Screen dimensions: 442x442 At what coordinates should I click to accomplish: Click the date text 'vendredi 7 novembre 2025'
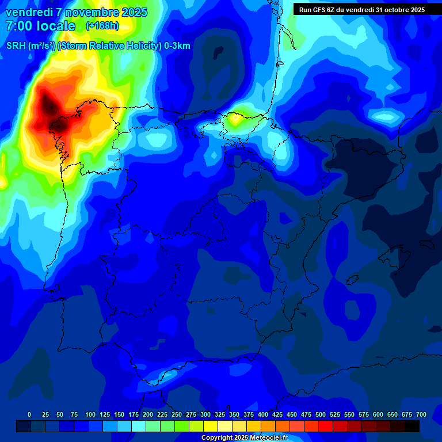(x=77, y=12)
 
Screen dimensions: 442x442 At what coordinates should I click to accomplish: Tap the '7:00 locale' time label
(x=40, y=26)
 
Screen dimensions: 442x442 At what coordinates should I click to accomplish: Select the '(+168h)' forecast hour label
(x=102, y=26)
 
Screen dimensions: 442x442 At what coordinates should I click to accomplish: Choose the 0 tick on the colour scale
(x=29, y=414)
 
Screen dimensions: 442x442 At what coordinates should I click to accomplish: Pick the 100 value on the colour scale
(x=90, y=414)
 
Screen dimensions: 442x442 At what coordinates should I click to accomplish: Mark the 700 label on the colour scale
(x=421, y=414)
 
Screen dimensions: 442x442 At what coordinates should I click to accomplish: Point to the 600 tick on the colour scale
(x=378, y=414)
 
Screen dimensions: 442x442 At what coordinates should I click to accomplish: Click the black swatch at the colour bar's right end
(x=412, y=426)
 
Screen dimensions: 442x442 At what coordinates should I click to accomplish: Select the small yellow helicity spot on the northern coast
(x=235, y=120)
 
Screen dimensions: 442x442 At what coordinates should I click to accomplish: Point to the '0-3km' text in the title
(x=177, y=46)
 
